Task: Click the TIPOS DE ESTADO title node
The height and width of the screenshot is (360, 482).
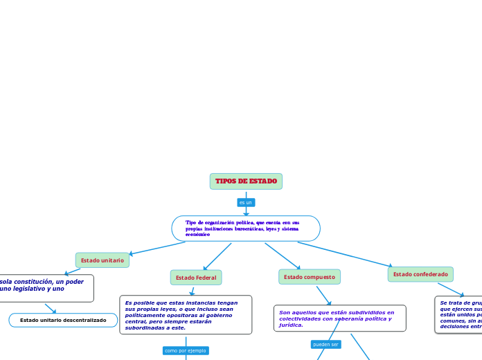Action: pyautogui.click(x=246, y=181)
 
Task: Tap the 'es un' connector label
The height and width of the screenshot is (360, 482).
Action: pyautogui.click(x=246, y=203)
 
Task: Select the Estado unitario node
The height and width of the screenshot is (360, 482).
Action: pyautogui.click(x=102, y=260)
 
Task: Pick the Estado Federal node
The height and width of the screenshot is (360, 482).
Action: pyautogui.click(x=196, y=278)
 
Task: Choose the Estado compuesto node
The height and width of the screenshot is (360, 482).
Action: pyautogui.click(x=310, y=277)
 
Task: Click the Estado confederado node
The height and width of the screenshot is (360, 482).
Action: pyautogui.click(x=420, y=274)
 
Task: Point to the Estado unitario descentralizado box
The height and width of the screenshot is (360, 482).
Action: pyautogui.click(x=63, y=321)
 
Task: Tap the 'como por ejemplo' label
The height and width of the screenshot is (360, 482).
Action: pyautogui.click(x=186, y=351)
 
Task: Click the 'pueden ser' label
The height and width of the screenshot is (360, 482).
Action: pyautogui.click(x=325, y=344)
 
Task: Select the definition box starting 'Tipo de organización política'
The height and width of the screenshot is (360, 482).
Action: pyautogui.click(x=246, y=228)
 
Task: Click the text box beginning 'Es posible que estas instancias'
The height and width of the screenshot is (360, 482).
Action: pyautogui.click(x=186, y=315)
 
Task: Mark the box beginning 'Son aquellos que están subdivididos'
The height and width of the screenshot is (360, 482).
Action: pyautogui.click(x=339, y=318)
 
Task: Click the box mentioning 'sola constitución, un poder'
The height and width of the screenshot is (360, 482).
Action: pyautogui.click(x=46, y=289)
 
